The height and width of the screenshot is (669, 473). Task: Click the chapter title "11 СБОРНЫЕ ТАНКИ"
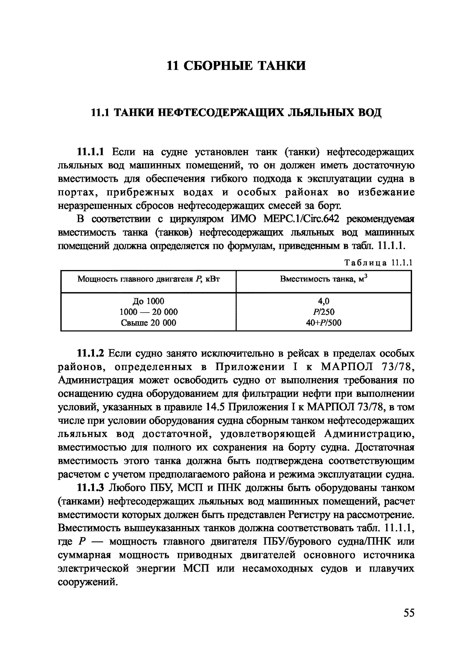click(x=236, y=66)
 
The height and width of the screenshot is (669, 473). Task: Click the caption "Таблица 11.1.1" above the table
click(x=378, y=263)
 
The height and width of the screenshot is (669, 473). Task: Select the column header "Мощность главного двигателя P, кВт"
click(x=148, y=279)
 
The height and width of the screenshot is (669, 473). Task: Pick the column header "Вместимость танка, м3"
click(x=323, y=279)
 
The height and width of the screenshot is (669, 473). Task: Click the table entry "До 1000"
click(x=148, y=301)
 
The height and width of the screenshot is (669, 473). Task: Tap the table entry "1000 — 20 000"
click(x=148, y=312)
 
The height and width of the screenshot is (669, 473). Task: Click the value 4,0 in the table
click(x=323, y=301)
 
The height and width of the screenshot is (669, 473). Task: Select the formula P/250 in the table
click(x=323, y=312)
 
